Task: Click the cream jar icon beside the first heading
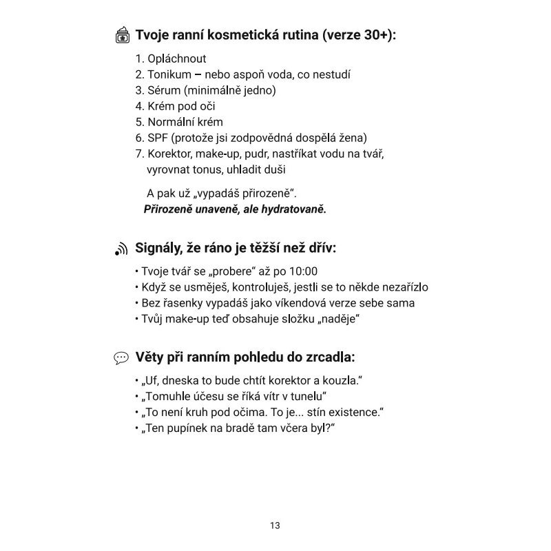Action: pos(122,35)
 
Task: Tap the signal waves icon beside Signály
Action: pos(121,249)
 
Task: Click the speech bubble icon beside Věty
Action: pos(122,357)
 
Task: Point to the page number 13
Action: pos(275,526)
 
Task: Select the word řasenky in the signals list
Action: pos(180,303)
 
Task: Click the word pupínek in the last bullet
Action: pos(190,428)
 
